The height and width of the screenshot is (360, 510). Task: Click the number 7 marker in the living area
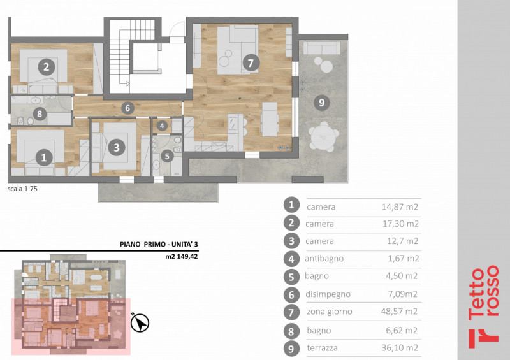tap(251, 63)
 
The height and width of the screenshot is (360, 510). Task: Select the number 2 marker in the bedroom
tap(45, 66)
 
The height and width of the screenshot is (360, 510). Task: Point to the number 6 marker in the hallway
tap(128, 108)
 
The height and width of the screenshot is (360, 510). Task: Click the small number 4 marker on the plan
tap(162, 126)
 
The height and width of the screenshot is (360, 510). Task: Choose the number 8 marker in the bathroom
tap(40, 114)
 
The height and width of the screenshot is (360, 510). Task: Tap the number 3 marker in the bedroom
tap(115, 147)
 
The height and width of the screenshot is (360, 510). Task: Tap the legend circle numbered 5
tap(291, 277)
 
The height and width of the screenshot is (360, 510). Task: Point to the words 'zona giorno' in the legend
tap(329, 312)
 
